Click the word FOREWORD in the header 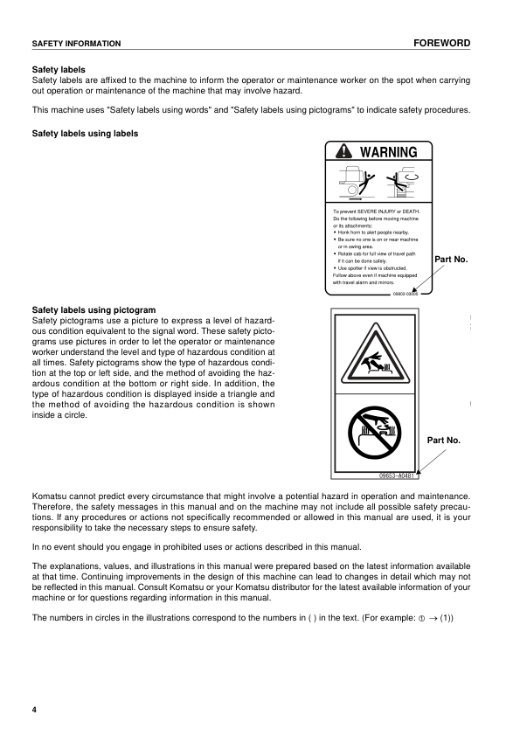pyautogui.click(x=443, y=43)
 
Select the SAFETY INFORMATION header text pyautogui.click(x=76, y=44)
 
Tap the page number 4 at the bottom pyautogui.click(x=35, y=708)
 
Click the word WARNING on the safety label pyautogui.click(x=389, y=152)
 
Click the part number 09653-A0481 pyautogui.click(x=398, y=476)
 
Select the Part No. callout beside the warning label pyautogui.click(x=451, y=260)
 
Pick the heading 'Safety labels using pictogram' pyautogui.click(x=94, y=309)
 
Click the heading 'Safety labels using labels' pyautogui.click(x=85, y=134)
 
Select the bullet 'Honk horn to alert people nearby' pyautogui.click(x=379, y=233)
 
